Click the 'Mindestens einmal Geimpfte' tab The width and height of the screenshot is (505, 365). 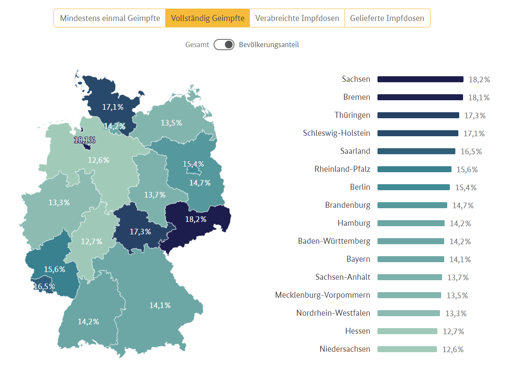(110, 18)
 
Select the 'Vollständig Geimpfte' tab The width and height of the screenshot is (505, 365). (208, 18)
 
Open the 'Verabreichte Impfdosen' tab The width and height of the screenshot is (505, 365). (297, 18)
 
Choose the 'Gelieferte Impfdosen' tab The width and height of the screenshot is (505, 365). (387, 18)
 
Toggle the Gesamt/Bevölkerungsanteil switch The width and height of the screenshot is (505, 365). (224, 45)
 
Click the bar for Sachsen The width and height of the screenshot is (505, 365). (420, 79)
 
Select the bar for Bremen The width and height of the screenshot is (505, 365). (420, 97)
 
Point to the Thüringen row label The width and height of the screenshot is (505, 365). (352, 115)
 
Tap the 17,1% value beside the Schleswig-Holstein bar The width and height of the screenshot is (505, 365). (474, 134)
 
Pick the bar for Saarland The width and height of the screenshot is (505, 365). (416, 151)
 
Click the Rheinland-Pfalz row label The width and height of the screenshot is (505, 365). (342, 169)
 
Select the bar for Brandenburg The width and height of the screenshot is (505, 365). (412, 205)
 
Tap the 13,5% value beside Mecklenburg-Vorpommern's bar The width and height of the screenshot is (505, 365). (457, 296)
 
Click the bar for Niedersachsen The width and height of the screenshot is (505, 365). (407, 349)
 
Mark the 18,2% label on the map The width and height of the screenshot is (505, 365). (196, 219)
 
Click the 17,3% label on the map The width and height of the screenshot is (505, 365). (140, 231)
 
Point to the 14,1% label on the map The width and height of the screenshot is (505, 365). (160, 305)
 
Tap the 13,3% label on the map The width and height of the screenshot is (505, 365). (59, 203)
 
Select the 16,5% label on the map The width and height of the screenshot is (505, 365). (44, 287)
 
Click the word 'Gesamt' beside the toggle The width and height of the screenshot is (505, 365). (197, 45)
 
